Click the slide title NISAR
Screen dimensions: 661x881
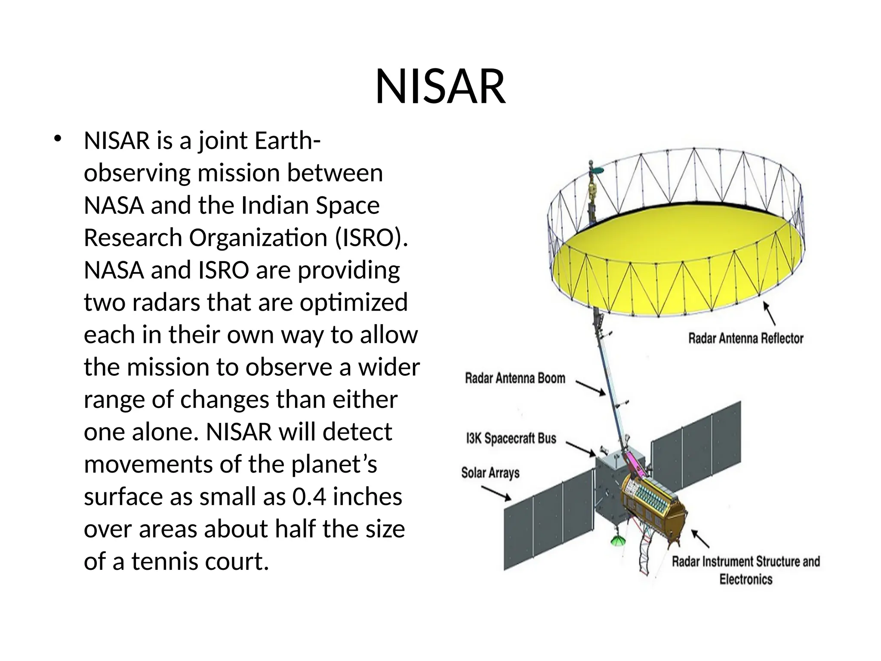(x=440, y=87)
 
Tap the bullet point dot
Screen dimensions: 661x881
(x=58, y=139)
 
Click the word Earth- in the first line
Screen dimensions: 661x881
(x=287, y=141)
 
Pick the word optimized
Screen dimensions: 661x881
(x=354, y=303)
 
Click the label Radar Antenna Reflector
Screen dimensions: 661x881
(x=745, y=338)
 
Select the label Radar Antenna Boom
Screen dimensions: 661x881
(x=514, y=378)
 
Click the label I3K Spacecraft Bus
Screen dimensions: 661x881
(x=511, y=439)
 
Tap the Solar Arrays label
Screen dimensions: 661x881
(x=490, y=473)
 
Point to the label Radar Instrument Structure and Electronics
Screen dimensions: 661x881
(x=745, y=570)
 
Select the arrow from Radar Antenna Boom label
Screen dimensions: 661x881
(x=591, y=387)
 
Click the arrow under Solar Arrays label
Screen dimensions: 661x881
(x=496, y=493)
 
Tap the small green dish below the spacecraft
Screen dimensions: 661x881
(x=618, y=541)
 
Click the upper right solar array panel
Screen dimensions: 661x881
(x=697, y=448)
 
